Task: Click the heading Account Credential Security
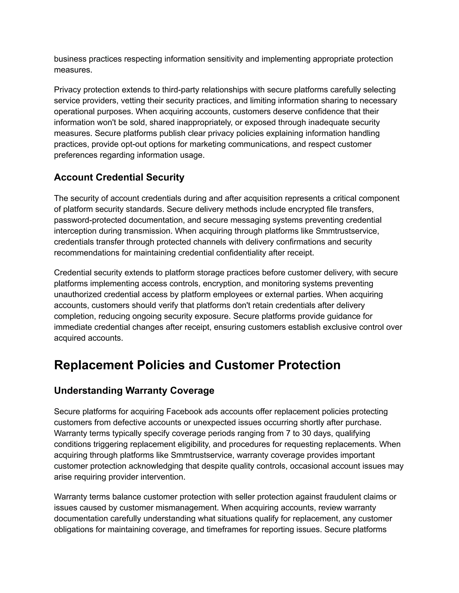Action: [x=119, y=177]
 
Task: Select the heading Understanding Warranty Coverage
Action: [x=134, y=390]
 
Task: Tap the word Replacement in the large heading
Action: [x=93, y=365]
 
